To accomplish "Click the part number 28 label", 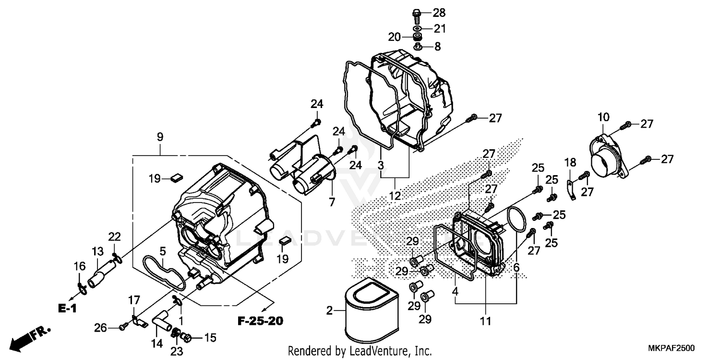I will pyautogui.click(x=439, y=12).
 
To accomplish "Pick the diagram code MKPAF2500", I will pyautogui.click(x=672, y=348).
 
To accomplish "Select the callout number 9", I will pyautogui.click(x=160, y=137).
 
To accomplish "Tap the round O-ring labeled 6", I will pyautogui.click(x=516, y=220).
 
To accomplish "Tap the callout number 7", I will pyautogui.click(x=332, y=202).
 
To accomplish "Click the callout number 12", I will pyautogui.click(x=395, y=196).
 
